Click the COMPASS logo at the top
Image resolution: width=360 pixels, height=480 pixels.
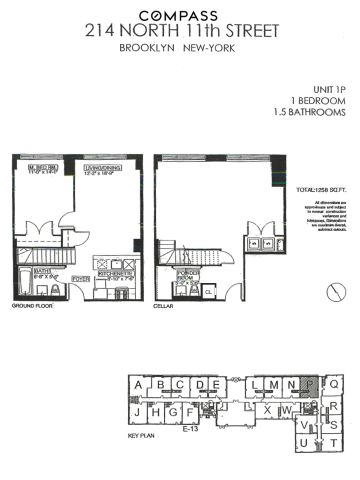178,15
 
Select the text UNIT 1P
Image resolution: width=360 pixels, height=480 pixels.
329,90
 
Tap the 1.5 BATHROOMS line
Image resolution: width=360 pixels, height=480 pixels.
309,112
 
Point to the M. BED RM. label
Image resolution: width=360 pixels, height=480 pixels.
44,166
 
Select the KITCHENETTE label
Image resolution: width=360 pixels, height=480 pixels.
115,273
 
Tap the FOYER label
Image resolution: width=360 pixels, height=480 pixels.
81,278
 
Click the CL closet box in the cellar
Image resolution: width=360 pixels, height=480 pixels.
208,291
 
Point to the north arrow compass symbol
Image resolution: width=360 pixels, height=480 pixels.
336,292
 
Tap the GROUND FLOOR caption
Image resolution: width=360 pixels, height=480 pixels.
31,305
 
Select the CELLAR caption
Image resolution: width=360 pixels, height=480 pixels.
163,306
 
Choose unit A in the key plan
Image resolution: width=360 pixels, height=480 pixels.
138,384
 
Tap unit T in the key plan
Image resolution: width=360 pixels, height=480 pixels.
334,442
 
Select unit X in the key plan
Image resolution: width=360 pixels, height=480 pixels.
267,409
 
